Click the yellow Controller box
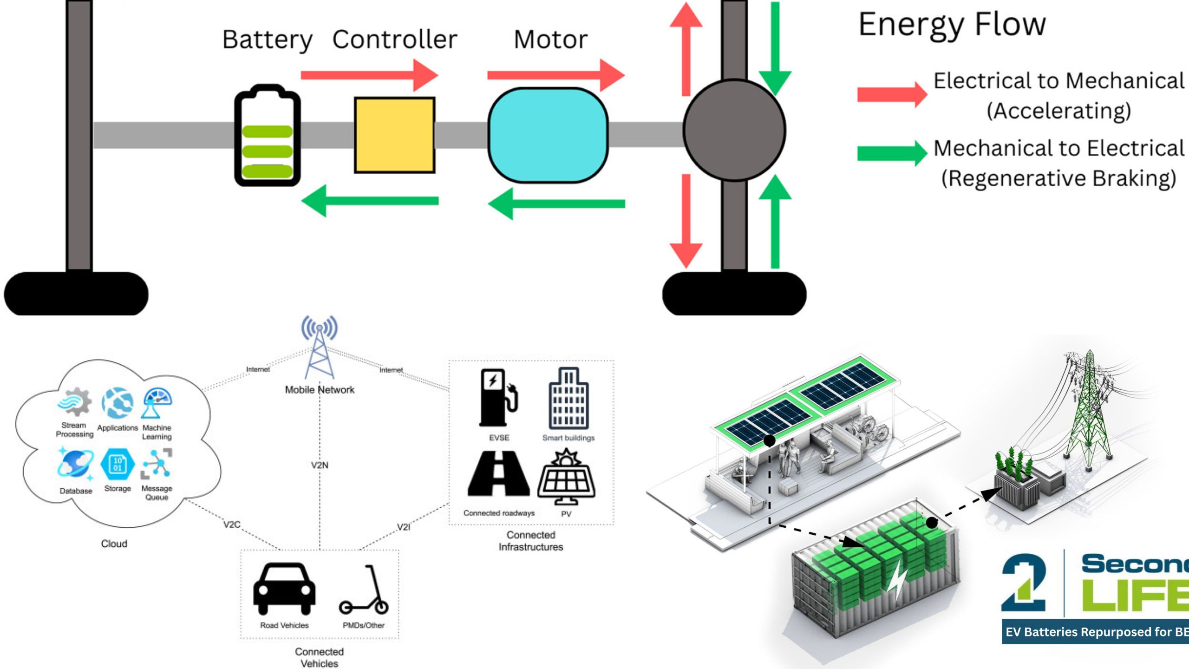pos(394,135)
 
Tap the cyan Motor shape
pos(548,135)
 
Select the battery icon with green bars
pos(267,136)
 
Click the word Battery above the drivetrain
pos(267,39)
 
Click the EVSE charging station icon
pos(497,398)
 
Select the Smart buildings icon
pos(568,399)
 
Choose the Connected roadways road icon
pos(498,474)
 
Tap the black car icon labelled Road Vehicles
pos(284,589)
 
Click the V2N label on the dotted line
pos(320,465)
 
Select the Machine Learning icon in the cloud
pos(157,402)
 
